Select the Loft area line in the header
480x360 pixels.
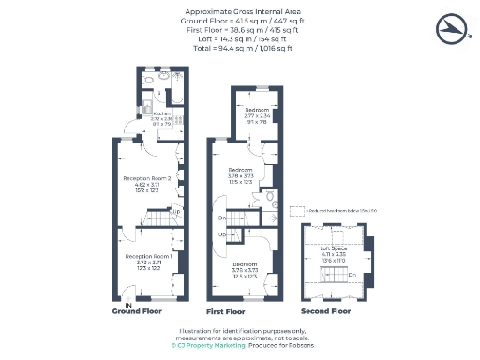pos(239,39)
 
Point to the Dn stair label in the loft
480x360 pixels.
pos(352,274)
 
